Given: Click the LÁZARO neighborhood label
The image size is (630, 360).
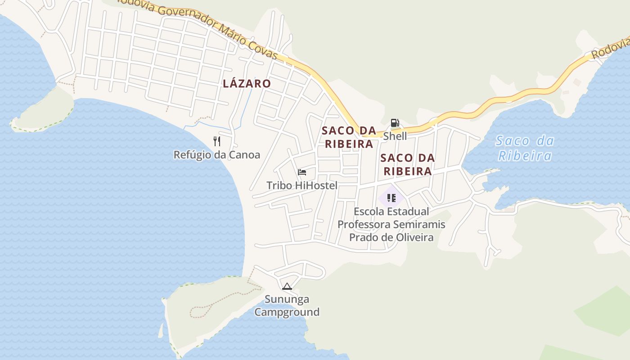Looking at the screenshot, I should [247, 84].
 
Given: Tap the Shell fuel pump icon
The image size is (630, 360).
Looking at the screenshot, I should [395, 123].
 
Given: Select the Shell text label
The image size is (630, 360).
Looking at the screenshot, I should [395, 136].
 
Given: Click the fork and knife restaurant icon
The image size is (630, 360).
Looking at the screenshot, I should [217, 141].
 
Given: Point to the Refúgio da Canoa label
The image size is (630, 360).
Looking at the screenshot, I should [217, 155].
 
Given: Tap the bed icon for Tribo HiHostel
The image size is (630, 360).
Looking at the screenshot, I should [302, 172].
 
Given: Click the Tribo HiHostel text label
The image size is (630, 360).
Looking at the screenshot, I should [302, 185].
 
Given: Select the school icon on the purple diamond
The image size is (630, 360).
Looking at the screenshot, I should [391, 198].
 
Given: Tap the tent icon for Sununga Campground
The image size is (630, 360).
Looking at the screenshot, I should [287, 286].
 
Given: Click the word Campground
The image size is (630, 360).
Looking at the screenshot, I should [287, 312].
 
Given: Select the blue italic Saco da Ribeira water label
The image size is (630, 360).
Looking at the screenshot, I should [525, 148].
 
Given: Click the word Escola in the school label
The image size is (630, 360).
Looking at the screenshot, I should [369, 211].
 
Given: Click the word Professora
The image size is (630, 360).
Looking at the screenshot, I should [364, 224].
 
